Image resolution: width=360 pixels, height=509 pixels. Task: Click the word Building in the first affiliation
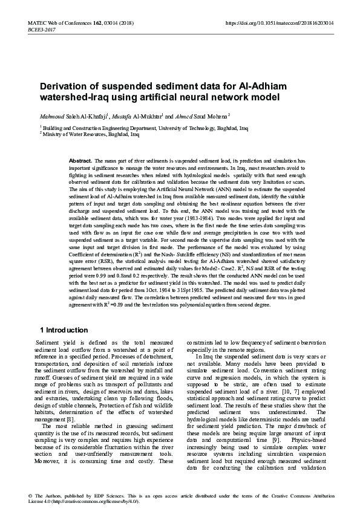(x=54, y=129)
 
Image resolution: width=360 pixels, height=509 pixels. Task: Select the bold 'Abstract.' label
(x=82, y=160)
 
